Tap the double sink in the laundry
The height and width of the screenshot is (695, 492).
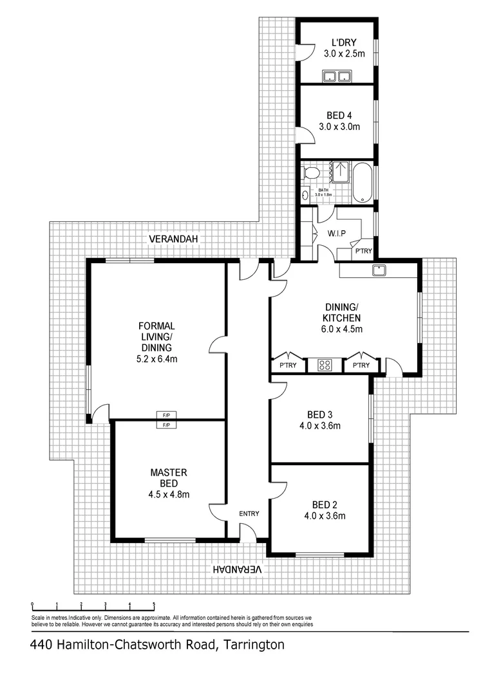click(x=337, y=77)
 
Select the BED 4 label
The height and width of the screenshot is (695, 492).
click(x=339, y=115)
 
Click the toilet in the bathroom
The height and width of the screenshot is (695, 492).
click(x=312, y=172)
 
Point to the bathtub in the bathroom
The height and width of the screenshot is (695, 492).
click(x=363, y=182)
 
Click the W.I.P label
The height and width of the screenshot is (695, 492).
click(x=337, y=234)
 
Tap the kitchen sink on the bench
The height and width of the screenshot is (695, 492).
click(x=379, y=270)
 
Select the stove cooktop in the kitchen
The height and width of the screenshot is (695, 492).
click(x=325, y=366)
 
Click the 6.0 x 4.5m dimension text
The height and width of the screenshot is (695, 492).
click(x=341, y=329)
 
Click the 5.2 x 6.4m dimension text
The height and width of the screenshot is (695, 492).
click(x=156, y=359)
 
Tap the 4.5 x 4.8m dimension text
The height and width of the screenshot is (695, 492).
click(x=168, y=494)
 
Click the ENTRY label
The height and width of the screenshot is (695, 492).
click(x=249, y=513)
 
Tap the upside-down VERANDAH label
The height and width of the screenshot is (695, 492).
click(x=238, y=570)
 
